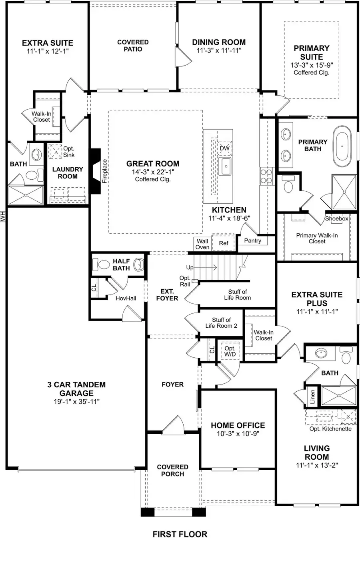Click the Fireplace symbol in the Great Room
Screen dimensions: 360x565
click(x=95, y=171)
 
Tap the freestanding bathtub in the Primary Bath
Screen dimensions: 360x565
click(x=342, y=146)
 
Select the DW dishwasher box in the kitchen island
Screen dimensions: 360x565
click(x=225, y=148)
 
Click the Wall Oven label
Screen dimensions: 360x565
click(x=202, y=244)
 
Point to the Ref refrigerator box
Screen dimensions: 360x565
click(x=223, y=243)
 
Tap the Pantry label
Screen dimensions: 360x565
click(x=253, y=240)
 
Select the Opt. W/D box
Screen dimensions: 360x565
click(x=230, y=351)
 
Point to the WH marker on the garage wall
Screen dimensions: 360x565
click(x=3, y=216)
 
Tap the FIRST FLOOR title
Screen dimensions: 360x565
click(x=180, y=534)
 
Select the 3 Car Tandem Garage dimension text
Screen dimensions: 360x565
click(x=77, y=401)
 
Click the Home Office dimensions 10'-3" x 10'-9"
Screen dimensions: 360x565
click(x=238, y=433)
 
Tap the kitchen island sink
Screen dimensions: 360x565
click(x=225, y=166)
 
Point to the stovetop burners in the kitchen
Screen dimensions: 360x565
click(x=266, y=176)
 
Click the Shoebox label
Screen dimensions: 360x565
click(x=336, y=218)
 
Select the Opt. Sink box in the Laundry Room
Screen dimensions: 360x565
click(x=56, y=152)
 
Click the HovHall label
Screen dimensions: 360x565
click(x=126, y=298)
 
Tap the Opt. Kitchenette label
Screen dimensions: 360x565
click(x=330, y=429)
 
